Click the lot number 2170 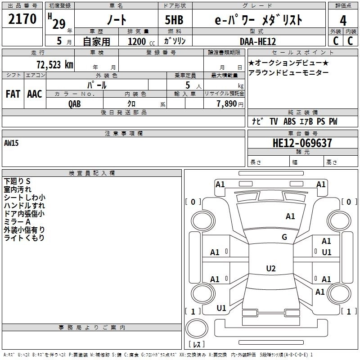coord(22,19)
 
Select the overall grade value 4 coord(343,21)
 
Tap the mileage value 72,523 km coord(55,65)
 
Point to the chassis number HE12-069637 coord(302,143)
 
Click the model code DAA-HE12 coord(257,41)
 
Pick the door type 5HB coord(174,20)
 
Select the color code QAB coord(75,104)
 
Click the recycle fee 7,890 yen coord(230,104)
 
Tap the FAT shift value coord(13,94)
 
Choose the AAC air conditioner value coord(35,94)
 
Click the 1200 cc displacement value coord(141,41)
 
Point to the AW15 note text coord(11,143)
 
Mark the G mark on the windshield coord(284,237)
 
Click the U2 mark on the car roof coord(271,268)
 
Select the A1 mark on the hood coord(290,216)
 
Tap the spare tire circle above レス coord(197,328)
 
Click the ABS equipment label coord(289,121)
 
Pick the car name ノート coord(117,19)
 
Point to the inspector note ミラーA coord(17,222)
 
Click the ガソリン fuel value coord(175,41)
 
